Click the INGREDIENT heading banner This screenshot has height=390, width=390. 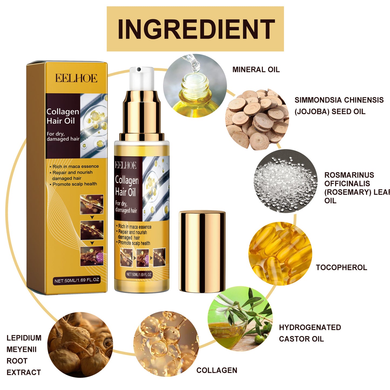(x=195, y=29)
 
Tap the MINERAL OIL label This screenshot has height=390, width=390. (x=256, y=70)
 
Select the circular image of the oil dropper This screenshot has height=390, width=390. (x=195, y=86)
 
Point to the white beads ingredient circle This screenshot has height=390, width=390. (x=285, y=181)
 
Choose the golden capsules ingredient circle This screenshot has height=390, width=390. (x=280, y=253)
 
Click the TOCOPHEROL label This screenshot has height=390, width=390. (x=341, y=267)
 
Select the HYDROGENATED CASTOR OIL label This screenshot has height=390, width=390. (x=310, y=333)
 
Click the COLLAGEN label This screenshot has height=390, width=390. (x=217, y=370)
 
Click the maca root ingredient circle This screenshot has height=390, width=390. (x=80, y=345)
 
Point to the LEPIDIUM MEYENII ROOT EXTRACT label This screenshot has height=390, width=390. (x=24, y=355)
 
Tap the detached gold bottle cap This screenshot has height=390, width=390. (x=202, y=252)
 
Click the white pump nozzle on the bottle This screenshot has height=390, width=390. (x=141, y=78)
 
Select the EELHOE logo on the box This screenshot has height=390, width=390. (x=76, y=78)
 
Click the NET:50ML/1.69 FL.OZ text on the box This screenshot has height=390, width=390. (x=77, y=280)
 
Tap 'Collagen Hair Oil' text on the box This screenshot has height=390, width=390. (x=62, y=116)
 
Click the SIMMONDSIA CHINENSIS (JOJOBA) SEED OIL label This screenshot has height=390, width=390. (x=339, y=106)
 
